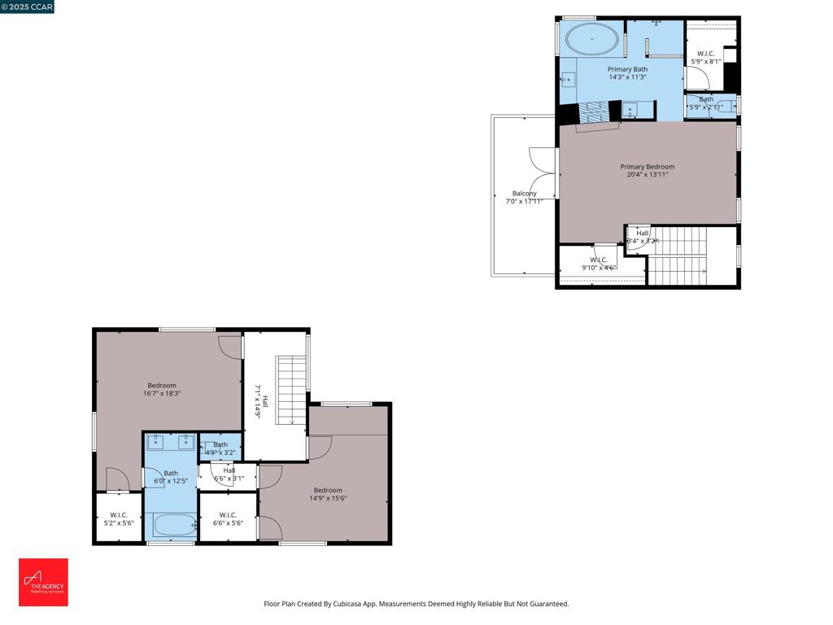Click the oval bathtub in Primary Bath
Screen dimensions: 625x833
click(591, 38)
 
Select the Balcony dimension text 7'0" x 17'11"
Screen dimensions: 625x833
click(524, 201)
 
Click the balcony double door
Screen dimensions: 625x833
click(543, 172)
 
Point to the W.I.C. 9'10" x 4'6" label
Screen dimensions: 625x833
click(599, 263)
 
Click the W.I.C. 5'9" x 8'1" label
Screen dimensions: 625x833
click(705, 57)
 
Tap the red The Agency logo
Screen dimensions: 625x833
click(43, 582)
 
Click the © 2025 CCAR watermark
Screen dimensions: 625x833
click(27, 7)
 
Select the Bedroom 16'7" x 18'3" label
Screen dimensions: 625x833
click(161, 389)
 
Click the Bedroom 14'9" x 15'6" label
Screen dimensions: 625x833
click(328, 494)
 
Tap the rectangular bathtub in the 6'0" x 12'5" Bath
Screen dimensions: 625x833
click(171, 526)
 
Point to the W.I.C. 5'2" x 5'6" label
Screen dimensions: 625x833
click(119, 518)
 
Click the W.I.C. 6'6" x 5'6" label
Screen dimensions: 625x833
click(228, 518)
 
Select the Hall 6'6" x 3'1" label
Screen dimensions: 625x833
click(229, 474)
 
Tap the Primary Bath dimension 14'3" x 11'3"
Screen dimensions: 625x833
click(627, 77)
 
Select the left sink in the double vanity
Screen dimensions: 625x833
click(157, 443)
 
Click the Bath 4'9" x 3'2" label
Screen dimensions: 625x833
click(220, 448)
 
